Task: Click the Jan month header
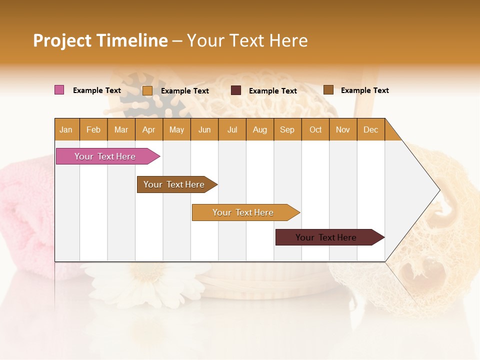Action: pos(66,129)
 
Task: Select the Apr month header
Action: pos(148,129)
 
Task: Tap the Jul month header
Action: pos(232,129)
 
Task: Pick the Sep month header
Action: pos(287,129)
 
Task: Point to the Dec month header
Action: pos(370,129)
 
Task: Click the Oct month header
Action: pos(315,129)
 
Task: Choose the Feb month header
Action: pos(93,129)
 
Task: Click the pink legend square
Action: pos(59,90)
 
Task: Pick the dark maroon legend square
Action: pos(236,90)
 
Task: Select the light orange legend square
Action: pos(147,90)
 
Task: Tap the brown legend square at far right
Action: pos(328,89)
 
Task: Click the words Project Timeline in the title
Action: pos(100,40)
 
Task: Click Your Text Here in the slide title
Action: pos(247,40)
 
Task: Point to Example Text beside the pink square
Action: pos(96,90)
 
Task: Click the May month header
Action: pos(176,129)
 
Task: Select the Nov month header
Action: pos(342,129)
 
